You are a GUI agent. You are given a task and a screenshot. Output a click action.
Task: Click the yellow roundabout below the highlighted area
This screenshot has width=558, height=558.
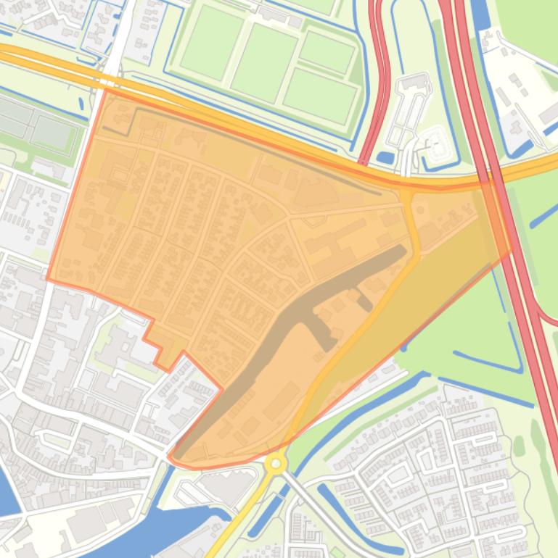tap(276, 463)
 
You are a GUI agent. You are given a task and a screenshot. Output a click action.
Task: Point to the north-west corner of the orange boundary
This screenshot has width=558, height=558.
tap(106, 90)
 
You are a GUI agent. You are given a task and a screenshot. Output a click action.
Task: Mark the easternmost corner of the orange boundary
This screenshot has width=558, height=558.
tap(511, 248)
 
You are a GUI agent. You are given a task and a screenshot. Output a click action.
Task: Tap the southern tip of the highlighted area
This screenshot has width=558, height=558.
tap(173, 458)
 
